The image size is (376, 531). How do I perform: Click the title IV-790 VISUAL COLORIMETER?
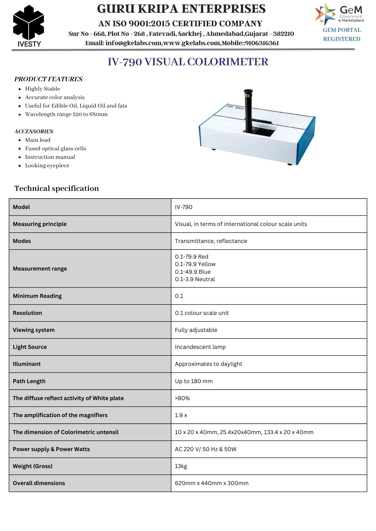(x=188, y=62)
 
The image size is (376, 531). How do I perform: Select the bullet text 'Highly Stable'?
(x=43, y=89)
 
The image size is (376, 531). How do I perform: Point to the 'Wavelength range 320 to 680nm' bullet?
(x=66, y=114)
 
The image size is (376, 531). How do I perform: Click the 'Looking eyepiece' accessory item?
(x=47, y=165)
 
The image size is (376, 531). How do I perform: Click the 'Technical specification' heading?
(x=57, y=188)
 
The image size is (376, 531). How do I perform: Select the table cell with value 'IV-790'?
(x=183, y=207)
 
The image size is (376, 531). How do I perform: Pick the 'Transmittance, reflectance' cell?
(x=211, y=241)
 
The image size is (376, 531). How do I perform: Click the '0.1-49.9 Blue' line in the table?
(x=193, y=272)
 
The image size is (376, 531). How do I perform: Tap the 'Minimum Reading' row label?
(x=37, y=296)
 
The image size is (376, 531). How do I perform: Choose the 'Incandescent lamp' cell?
(x=200, y=347)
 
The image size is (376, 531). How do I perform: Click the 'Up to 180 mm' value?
(x=194, y=381)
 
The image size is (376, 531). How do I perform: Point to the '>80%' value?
(x=182, y=398)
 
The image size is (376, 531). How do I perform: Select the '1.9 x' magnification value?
(x=181, y=415)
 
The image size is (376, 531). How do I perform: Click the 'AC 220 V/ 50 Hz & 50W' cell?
(x=206, y=449)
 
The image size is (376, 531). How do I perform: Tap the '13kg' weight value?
(x=181, y=466)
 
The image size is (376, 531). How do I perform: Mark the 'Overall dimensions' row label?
(x=39, y=483)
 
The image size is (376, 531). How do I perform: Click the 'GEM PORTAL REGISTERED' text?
(x=342, y=35)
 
